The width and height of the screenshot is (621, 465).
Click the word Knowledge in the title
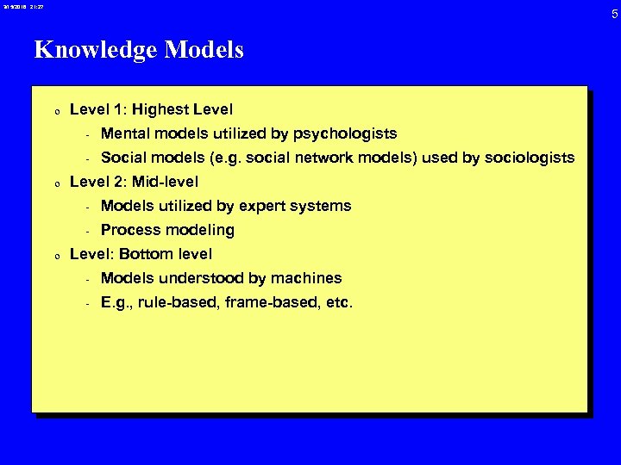tap(94, 50)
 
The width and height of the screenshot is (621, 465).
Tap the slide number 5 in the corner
tap(613, 14)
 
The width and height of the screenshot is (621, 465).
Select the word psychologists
tap(345, 133)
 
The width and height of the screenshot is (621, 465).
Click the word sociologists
tap(528, 158)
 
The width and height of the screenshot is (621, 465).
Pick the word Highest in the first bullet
tap(163, 110)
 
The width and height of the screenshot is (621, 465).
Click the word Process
tap(129, 230)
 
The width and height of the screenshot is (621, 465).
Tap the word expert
tap(265, 206)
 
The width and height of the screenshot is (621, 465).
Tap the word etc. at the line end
tap(338, 302)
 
